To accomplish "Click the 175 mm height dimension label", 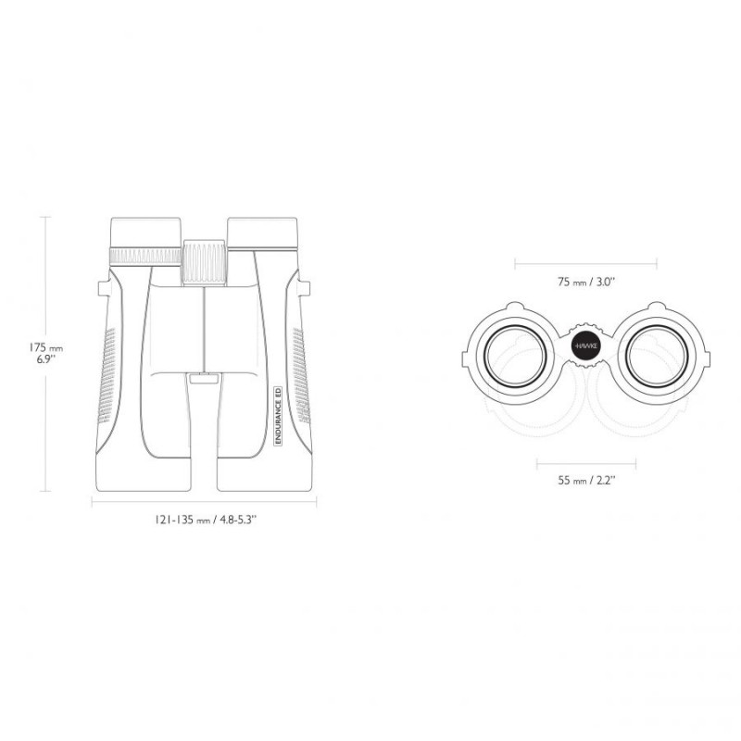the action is pos(45,353).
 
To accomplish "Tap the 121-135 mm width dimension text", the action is pos(205,520).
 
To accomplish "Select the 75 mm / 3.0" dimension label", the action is pos(586,283).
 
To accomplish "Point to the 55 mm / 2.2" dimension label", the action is pos(586,481).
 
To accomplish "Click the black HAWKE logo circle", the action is pos(585,345).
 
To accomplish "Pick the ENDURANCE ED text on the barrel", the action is pos(279,415).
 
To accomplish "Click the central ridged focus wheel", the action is pos(204,262).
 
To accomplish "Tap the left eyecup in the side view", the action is pos(145,232).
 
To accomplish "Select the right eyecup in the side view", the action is pos(263,232).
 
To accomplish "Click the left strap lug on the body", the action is pos(104,288).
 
